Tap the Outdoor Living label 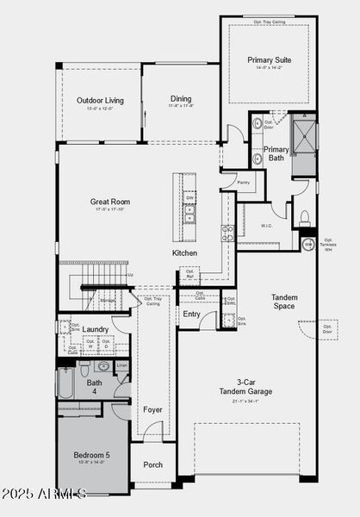coord(99,101)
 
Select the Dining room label coord(180,99)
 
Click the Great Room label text coord(110,202)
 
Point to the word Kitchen coord(184,253)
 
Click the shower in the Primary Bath coord(303,136)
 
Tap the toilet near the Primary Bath coord(305,216)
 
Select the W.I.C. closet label coord(267,227)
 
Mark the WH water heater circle coord(308,245)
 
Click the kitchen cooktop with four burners coord(227,233)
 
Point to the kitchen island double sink coord(189,214)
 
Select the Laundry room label coord(96,329)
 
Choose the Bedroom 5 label coord(90,456)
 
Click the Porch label coord(152,464)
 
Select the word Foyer coord(152,409)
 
